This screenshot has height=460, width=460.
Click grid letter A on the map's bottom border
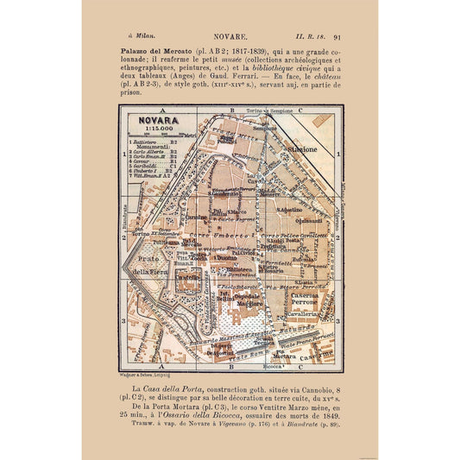(x=161, y=367)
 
